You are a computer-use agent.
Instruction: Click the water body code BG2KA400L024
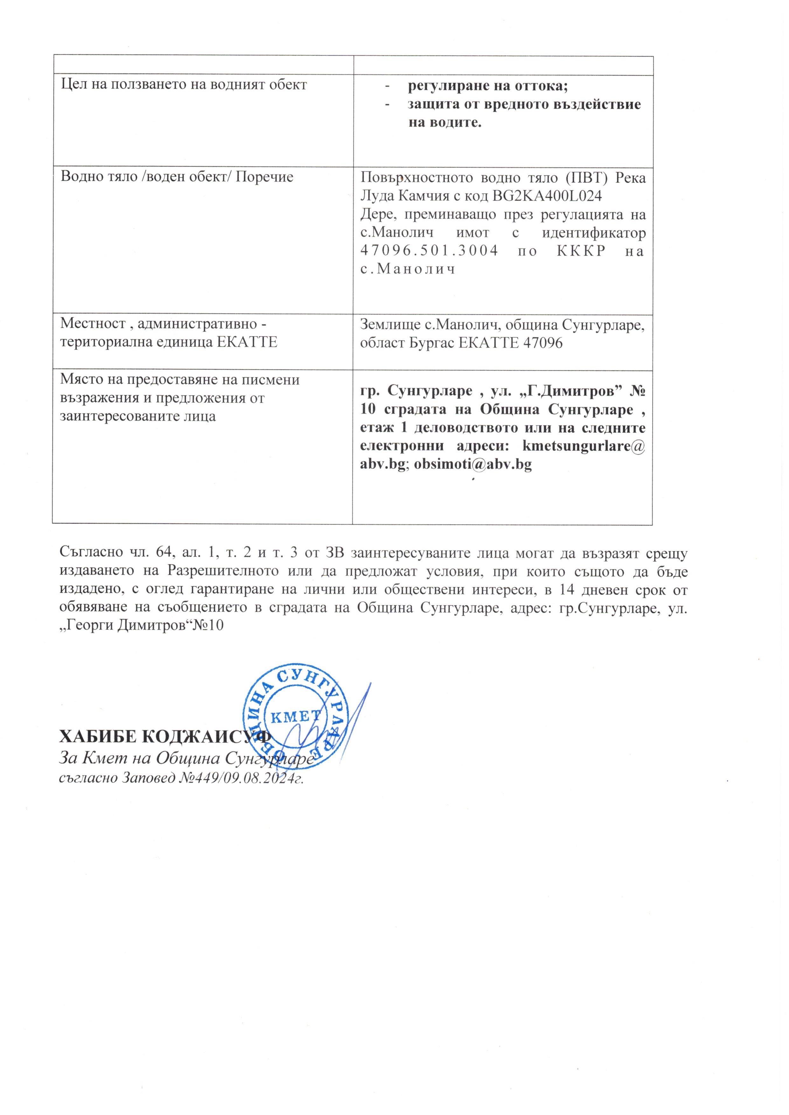pos(547,196)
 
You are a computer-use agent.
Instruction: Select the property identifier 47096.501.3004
pos(429,251)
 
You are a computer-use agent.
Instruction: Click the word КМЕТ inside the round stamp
pos(295,715)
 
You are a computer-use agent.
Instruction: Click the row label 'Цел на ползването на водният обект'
pos(184,85)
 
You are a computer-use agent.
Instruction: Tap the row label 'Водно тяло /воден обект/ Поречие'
pos(177,177)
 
